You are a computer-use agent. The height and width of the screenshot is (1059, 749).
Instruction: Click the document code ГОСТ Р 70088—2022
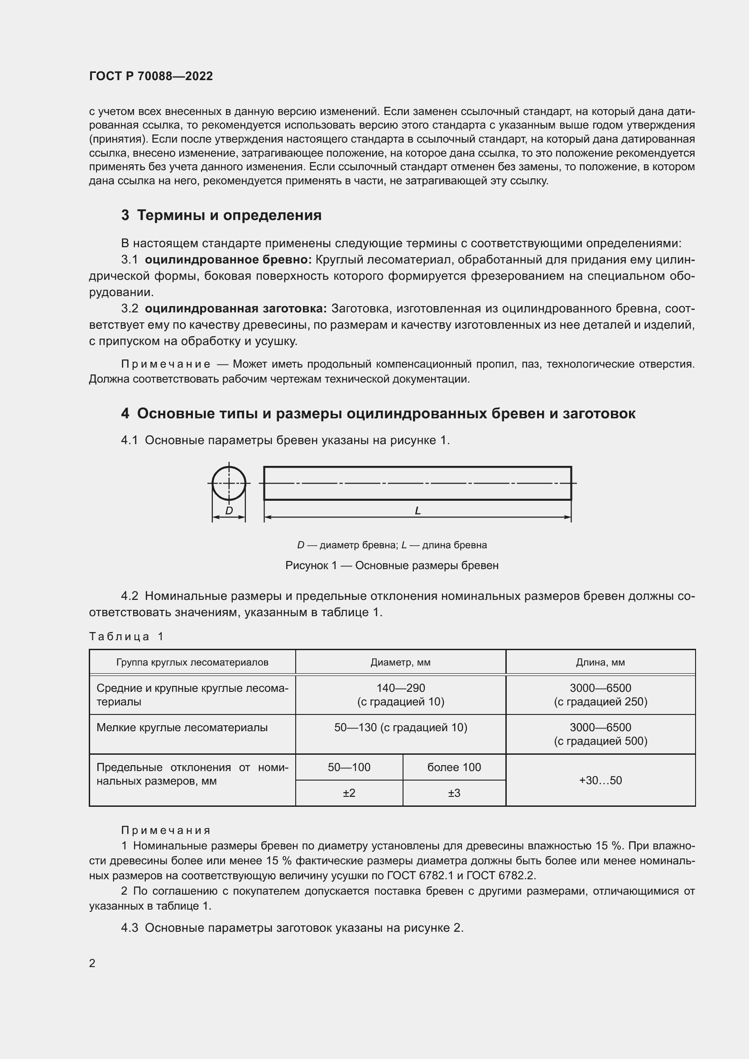151,76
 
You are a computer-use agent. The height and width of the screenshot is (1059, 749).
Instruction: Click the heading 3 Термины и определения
221,215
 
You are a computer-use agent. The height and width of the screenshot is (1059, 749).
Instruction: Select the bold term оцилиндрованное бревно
228,260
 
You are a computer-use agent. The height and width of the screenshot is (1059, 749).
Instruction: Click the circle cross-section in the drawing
229,483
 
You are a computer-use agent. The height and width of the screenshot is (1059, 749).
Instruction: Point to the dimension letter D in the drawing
229,511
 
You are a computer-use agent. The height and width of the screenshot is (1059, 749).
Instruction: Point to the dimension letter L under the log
418,511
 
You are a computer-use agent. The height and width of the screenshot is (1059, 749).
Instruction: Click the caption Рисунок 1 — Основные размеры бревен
392,565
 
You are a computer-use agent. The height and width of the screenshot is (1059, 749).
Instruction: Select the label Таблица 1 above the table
126,637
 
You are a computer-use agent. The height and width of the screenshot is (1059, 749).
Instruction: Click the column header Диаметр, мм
400,662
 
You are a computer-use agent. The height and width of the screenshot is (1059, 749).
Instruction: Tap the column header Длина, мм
600,662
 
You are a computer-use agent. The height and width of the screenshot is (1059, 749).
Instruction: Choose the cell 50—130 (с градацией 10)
400,728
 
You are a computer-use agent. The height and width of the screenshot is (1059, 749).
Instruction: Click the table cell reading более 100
454,767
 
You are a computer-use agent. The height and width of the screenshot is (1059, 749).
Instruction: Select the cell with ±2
349,793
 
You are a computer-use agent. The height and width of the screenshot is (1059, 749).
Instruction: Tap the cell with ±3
454,793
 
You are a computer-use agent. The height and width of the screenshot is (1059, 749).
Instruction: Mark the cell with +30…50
600,780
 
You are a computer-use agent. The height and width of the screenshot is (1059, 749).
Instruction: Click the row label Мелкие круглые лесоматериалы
182,728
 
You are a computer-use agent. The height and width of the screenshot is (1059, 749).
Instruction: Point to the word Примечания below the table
166,830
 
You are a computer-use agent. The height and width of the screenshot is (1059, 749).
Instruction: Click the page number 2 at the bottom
92,963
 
